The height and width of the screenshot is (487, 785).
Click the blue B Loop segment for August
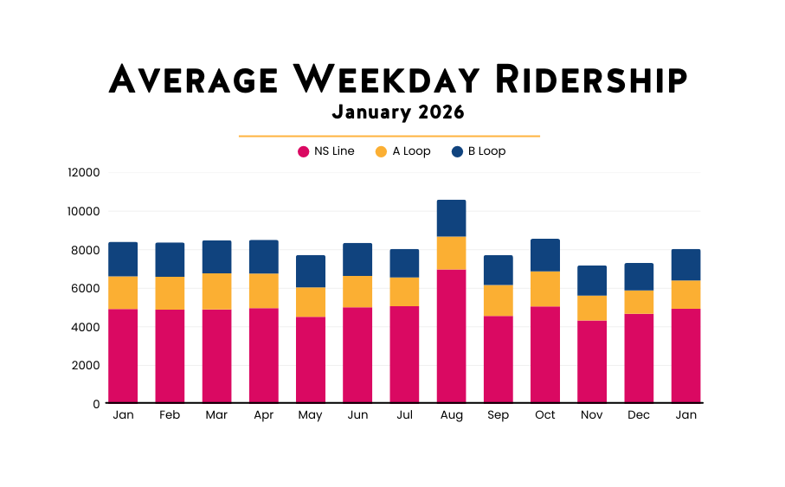click(x=451, y=218)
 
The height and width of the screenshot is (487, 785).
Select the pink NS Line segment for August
click(x=451, y=336)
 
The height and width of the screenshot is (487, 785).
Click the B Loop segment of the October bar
click(x=545, y=255)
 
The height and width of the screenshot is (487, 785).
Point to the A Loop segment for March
click(x=216, y=292)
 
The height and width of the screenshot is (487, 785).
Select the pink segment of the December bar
click(x=639, y=358)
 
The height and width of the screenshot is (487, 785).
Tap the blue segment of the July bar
click(x=404, y=263)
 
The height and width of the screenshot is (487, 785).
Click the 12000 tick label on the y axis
click(x=84, y=172)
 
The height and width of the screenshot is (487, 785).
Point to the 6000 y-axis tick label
click(x=87, y=288)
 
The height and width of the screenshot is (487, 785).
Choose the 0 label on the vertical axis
click(x=96, y=404)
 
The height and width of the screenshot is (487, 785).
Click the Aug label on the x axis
click(x=451, y=415)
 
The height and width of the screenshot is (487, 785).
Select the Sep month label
click(x=499, y=415)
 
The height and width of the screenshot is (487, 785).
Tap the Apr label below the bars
click(x=263, y=415)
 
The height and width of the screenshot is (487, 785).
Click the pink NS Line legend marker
click(x=303, y=151)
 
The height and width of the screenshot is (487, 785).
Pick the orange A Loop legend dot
click(x=381, y=151)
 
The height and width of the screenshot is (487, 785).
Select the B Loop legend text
click(x=486, y=151)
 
